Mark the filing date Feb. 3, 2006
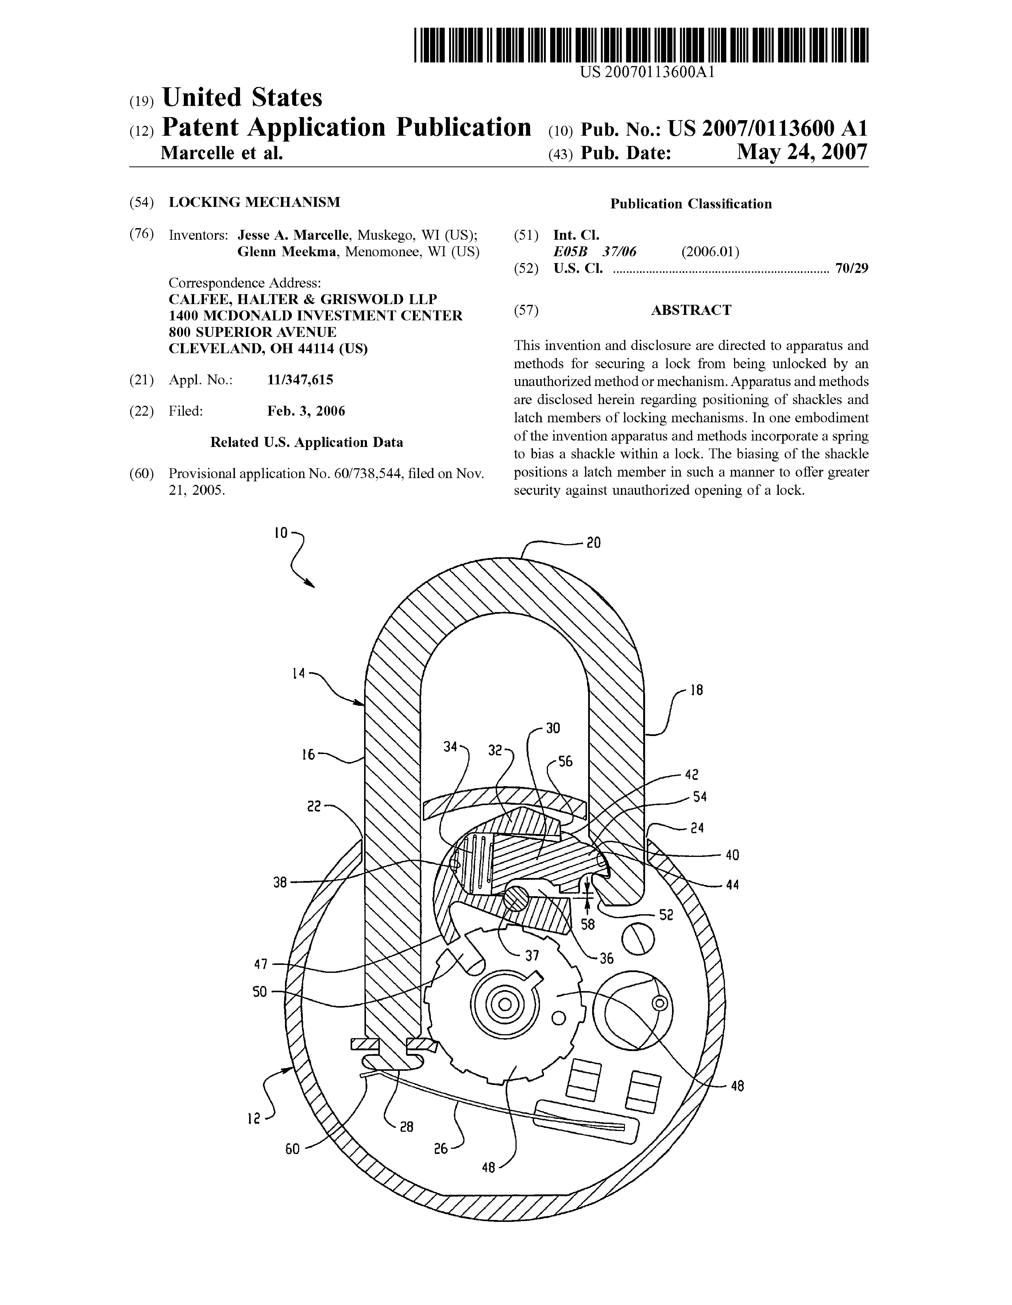(306, 411)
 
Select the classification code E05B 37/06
(595, 251)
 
